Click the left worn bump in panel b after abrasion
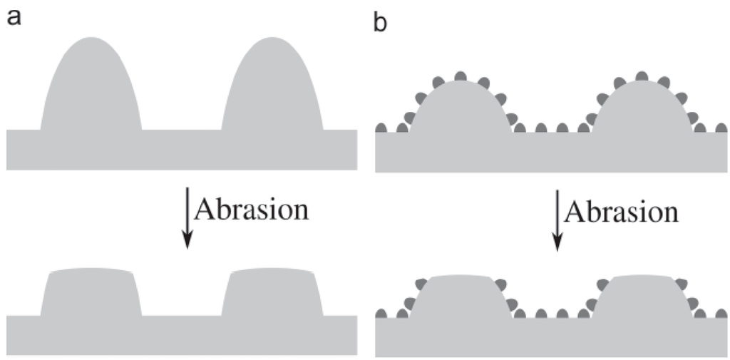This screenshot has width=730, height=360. point(461,296)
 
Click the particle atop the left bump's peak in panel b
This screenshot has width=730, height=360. point(461,76)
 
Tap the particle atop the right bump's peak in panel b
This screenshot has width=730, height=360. point(642,76)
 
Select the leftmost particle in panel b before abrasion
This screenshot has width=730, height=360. point(381,128)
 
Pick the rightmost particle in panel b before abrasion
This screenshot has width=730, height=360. point(721,128)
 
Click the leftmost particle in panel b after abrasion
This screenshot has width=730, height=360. point(381,313)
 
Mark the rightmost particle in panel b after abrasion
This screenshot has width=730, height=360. point(721,313)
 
